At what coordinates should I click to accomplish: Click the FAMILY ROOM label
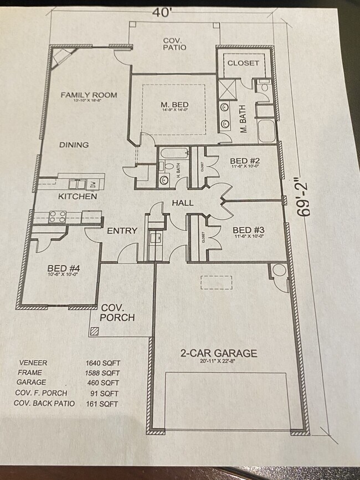click(x=89, y=95)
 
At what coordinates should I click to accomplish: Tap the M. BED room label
click(x=174, y=105)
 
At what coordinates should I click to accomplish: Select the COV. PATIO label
click(x=174, y=44)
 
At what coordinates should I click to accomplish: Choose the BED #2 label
click(x=245, y=162)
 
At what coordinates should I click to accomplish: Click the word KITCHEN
click(x=78, y=197)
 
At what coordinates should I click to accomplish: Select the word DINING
click(x=74, y=145)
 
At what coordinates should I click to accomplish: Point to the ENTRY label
click(x=122, y=231)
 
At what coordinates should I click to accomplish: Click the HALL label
click(x=182, y=203)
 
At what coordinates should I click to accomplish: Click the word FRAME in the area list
click(x=29, y=373)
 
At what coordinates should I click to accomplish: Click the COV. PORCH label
click(x=117, y=313)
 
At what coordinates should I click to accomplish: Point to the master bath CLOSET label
click(x=243, y=63)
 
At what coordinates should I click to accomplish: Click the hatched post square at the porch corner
click(x=95, y=331)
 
